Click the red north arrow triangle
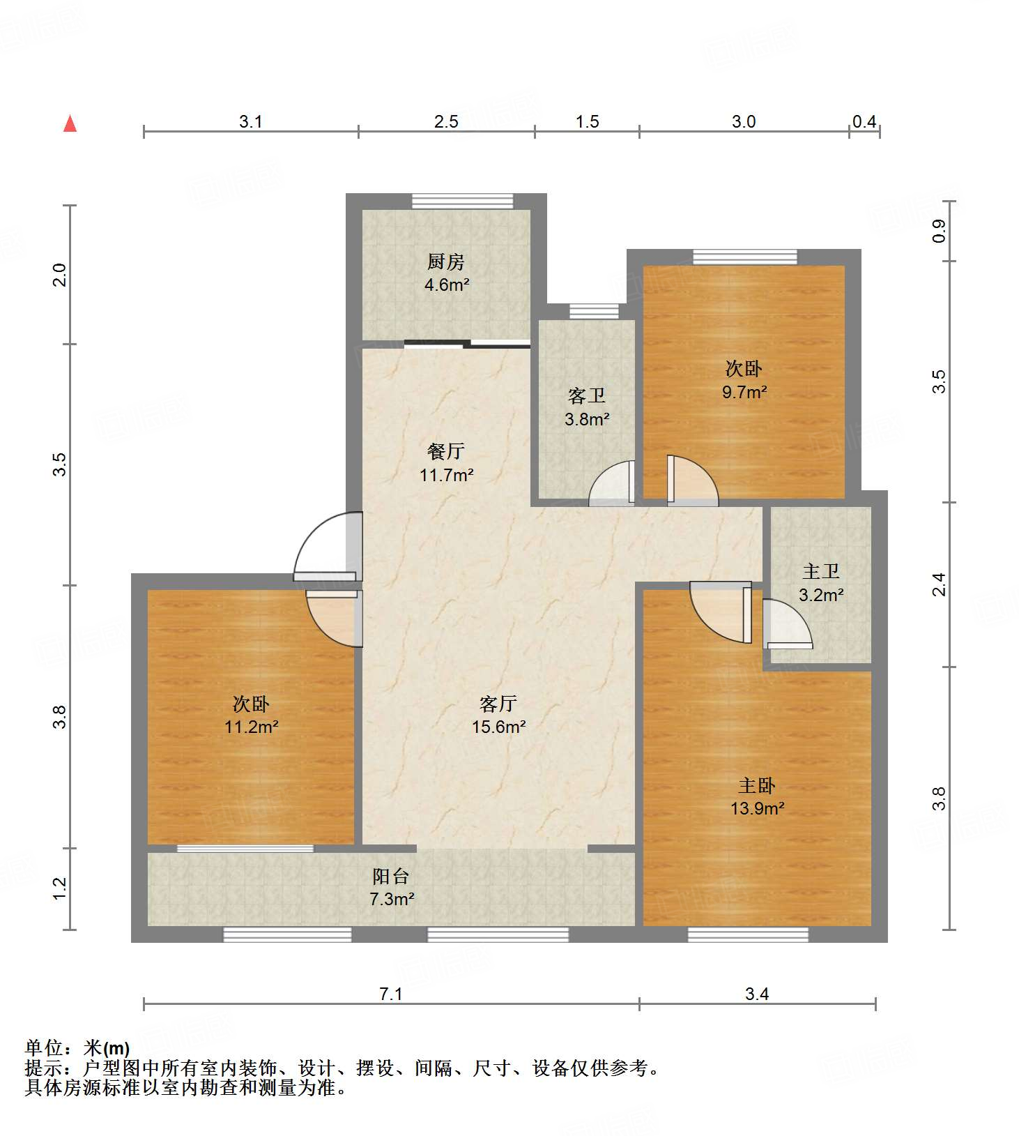tap(70, 123)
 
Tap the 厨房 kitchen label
tap(445, 262)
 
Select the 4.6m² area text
tap(447, 285)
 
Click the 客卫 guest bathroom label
tap(586, 396)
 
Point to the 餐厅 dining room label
tap(445, 452)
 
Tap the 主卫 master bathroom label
tap(820, 572)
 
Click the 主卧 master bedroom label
tap(756, 786)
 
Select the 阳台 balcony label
tap(390, 876)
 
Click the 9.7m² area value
tap(744, 392)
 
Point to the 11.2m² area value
tap(251, 727)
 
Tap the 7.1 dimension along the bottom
tap(391, 994)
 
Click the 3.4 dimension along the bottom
tap(757, 994)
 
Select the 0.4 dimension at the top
tap(864, 121)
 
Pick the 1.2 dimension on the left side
tap(61, 888)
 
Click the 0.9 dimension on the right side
tap(939, 231)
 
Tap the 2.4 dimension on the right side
tap(939, 584)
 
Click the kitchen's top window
tap(462, 201)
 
